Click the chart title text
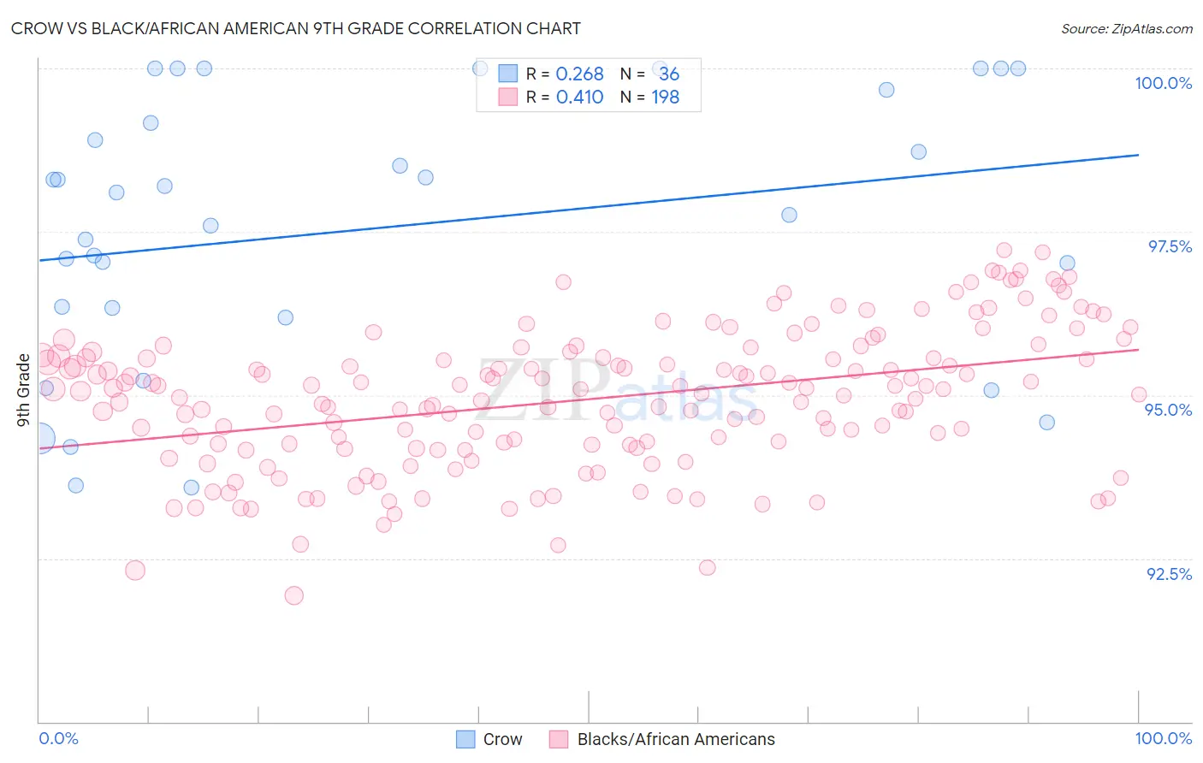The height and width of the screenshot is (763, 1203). coord(295,28)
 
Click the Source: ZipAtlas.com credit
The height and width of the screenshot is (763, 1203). coord(1126,28)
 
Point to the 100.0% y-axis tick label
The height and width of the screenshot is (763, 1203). coord(1163,83)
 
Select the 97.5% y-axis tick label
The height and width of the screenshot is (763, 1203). coord(1169,246)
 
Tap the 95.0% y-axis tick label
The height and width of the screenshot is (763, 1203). coord(1169,410)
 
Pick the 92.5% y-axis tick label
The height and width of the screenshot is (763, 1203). coord(1169,574)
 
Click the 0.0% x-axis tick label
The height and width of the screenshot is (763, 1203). coord(58,738)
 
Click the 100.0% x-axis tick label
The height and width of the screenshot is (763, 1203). coord(1163,738)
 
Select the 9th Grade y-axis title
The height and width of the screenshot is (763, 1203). coord(23,389)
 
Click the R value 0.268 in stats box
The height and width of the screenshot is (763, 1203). coord(579,74)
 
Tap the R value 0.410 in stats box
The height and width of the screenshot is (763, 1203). coord(579,98)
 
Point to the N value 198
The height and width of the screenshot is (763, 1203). coord(665,98)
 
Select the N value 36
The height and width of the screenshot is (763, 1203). coord(668,74)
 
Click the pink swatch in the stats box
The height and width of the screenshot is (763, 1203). coord(508,98)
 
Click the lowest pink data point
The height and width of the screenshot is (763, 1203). coord(293,595)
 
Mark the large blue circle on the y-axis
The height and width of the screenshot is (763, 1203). coord(39,439)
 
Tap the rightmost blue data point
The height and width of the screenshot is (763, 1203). coord(1067,263)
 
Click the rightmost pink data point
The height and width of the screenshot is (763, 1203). coord(1139,394)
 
